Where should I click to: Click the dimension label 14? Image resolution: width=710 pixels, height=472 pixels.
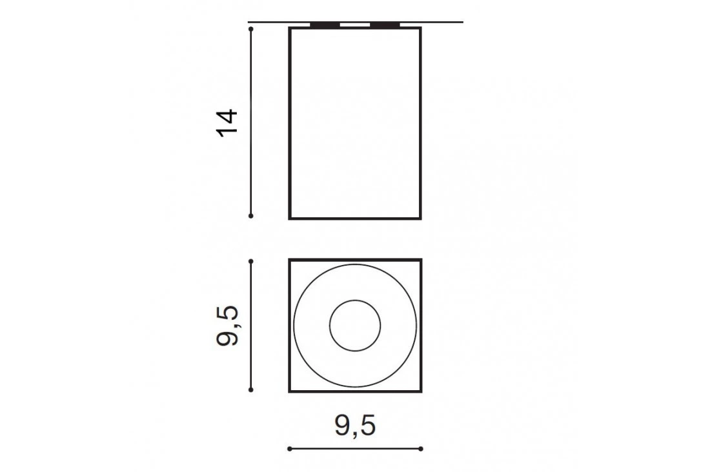pyautogui.click(x=227, y=123)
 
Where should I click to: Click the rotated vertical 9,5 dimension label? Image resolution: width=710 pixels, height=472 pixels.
pyautogui.click(x=227, y=326)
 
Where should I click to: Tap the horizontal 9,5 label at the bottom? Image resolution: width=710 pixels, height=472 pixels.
pyautogui.click(x=355, y=426)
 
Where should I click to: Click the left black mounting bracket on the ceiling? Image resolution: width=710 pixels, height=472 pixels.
pyautogui.click(x=325, y=25)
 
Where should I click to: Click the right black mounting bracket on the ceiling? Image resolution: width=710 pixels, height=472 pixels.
pyautogui.click(x=385, y=25)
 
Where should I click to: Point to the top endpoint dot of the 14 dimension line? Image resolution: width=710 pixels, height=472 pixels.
pyautogui.click(x=251, y=28)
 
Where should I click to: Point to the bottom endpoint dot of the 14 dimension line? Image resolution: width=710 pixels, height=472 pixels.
pyautogui.click(x=251, y=216)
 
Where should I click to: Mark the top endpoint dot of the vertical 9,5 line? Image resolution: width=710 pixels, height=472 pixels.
pyautogui.click(x=251, y=261)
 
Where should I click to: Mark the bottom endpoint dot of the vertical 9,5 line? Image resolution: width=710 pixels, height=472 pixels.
pyautogui.click(x=251, y=389)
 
